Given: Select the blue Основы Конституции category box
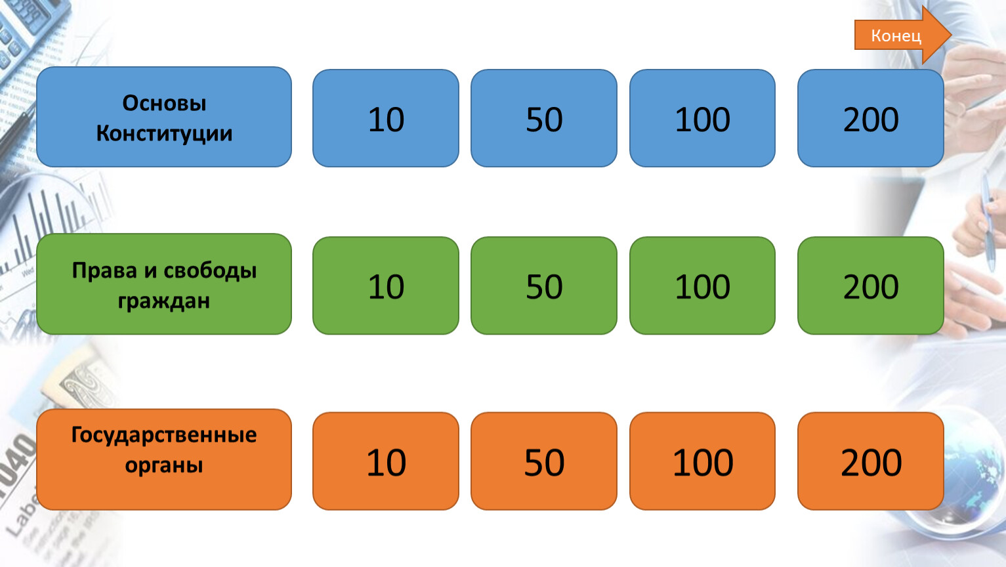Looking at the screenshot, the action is click(x=164, y=117).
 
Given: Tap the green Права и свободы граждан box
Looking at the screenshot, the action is click(x=164, y=284).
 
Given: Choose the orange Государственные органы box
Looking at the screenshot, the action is click(x=164, y=459).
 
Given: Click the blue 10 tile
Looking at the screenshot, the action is click(x=386, y=118).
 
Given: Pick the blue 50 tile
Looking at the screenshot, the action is click(x=544, y=118).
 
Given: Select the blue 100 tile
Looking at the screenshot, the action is click(x=702, y=118).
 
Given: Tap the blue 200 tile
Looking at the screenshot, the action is click(x=871, y=118).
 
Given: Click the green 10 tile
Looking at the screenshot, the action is click(x=386, y=285).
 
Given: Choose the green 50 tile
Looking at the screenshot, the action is click(x=544, y=285).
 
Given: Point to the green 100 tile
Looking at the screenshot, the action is click(x=702, y=285).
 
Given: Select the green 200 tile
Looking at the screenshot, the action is click(x=871, y=285).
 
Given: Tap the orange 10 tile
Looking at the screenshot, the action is click(x=386, y=461).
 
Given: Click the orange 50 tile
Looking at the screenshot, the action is click(x=544, y=461).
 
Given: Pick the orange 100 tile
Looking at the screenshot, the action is click(x=702, y=461).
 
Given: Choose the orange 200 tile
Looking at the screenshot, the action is click(x=871, y=461).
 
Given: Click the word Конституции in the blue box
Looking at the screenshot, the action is click(x=164, y=134).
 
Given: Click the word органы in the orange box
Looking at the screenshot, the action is click(x=164, y=465).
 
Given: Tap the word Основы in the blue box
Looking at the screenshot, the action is click(x=164, y=103).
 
